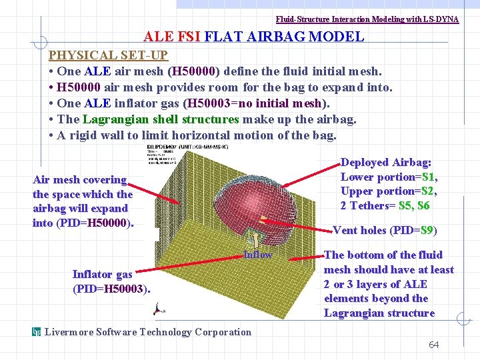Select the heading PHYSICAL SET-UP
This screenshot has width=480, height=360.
point(108,55)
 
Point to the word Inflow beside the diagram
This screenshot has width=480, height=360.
point(257,254)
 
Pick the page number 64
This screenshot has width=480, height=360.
point(433,345)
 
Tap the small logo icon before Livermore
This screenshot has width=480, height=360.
point(37,331)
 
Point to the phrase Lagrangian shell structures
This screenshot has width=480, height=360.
point(160,119)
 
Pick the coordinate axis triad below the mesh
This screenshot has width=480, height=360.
point(159,309)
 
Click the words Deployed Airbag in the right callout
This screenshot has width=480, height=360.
point(386,163)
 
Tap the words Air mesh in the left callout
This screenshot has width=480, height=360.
point(55,179)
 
